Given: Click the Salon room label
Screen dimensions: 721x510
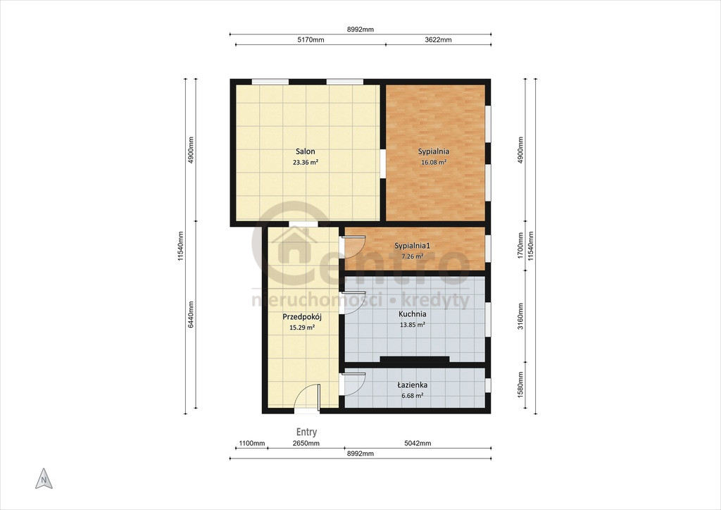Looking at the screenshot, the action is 306,151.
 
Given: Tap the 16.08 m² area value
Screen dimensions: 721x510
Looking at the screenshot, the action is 434,162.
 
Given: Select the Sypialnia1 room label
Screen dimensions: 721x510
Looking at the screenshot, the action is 412,246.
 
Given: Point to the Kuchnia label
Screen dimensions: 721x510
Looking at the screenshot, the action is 412,314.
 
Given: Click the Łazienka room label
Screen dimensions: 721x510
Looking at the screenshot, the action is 413,385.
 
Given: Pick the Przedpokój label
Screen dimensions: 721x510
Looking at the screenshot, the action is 301,317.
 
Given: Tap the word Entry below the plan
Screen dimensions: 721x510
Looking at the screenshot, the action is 306,432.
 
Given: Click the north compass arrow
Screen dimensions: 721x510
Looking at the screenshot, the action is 44,479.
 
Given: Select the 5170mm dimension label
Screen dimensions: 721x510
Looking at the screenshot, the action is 311,39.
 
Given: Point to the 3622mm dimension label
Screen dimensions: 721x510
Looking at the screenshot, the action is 438,39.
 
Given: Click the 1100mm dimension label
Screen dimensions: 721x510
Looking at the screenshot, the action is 252,443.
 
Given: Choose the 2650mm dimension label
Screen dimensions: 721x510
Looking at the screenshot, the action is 306,443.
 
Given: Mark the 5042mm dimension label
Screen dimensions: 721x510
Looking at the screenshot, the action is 418,443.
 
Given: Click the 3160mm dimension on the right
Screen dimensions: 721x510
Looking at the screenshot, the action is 520,316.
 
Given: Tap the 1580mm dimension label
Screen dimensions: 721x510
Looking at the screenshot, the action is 520,385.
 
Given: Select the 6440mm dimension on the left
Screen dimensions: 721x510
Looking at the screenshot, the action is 191,315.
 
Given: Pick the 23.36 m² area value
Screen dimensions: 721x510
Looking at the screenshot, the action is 306,162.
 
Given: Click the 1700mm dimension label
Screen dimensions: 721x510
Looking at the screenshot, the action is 520,246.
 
